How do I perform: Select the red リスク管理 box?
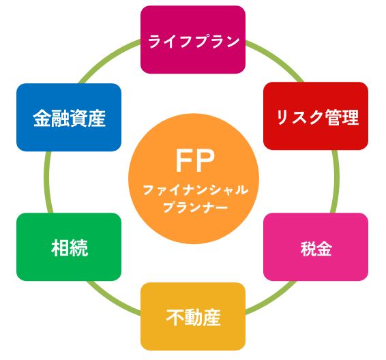pyautogui.click(x=316, y=117)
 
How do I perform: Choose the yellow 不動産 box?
pyautogui.click(x=193, y=316)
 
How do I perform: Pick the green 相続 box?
pyautogui.click(x=69, y=247)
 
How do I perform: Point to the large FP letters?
pyautogui.click(x=195, y=161)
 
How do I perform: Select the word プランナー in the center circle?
pyautogui.click(x=195, y=208)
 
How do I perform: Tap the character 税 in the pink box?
pyautogui.click(x=308, y=248)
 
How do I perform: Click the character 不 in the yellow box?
pyautogui.click(x=175, y=318)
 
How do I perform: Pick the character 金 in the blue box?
pyautogui.click(x=42, y=118)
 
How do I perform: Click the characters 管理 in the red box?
pyautogui.click(x=341, y=118)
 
